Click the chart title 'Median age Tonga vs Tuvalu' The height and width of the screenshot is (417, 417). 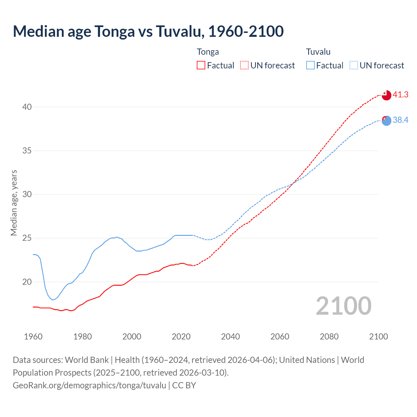148,31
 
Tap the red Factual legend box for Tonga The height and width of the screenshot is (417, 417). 201,65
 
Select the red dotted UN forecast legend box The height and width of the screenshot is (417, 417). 244,65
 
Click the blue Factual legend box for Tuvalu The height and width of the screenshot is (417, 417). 310,65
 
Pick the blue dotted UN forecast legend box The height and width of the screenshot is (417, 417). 353,65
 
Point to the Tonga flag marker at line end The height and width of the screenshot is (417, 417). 386,95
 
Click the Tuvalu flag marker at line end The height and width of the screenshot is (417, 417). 386,121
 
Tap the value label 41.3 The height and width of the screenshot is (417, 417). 400,95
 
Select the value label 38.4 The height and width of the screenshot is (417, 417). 400,120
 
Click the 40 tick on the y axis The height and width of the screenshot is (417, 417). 27,107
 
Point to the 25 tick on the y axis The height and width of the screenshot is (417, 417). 27,238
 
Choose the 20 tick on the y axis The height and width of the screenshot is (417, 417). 27,282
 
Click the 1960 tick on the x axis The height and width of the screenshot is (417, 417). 33,337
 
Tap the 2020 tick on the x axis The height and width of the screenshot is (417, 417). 181,337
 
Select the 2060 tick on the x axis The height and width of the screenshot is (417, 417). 280,337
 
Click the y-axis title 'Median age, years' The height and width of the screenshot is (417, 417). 14,203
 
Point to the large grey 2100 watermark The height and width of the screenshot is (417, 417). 343,306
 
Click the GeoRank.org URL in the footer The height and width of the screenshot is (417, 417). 89,385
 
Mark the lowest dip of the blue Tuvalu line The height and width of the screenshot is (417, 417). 52,300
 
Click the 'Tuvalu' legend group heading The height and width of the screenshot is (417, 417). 318,52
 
